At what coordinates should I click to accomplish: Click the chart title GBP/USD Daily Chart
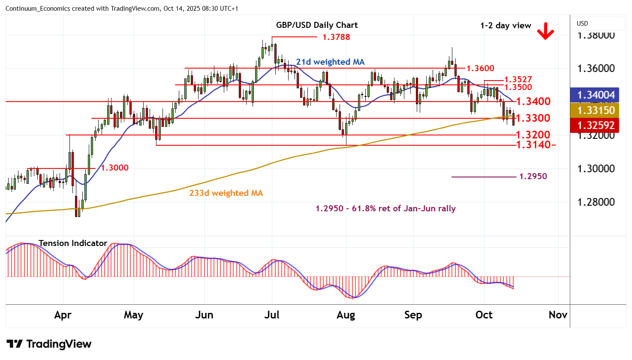pyautogui.click(x=317, y=25)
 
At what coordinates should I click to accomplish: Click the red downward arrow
pyautogui.click(x=545, y=31)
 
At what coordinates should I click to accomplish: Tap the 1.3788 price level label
pyautogui.click(x=336, y=37)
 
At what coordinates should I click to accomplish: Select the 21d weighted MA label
pyautogui.click(x=330, y=62)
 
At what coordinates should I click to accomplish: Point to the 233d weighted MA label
pyautogui.click(x=226, y=193)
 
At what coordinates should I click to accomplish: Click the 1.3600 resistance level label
pyautogui.click(x=480, y=68)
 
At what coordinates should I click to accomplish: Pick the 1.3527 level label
pyautogui.click(x=518, y=80)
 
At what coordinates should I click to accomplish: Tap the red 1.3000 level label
pyautogui.click(x=114, y=168)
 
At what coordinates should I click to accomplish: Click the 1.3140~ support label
pyautogui.click(x=536, y=145)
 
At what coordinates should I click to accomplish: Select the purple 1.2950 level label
pyautogui.click(x=533, y=176)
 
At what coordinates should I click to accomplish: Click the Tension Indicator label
pyautogui.click(x=73, y=243)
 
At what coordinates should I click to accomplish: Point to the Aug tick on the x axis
pyautogui.click(x=346, y=315)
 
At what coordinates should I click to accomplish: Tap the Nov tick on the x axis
pyautogui.click(x=558, y=315)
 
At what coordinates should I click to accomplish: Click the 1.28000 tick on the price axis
pyautogui.click(x=596, y=202)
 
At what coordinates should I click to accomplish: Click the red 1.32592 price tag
pyautogui.click(x=596, y=126)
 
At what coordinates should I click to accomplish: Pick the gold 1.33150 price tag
pyautogui.click(x=596, y=110)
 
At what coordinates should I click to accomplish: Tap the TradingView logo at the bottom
pyautogui.click(x=49, y=344)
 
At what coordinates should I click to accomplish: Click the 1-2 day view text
pyautogui.click(x=506, y=26)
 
